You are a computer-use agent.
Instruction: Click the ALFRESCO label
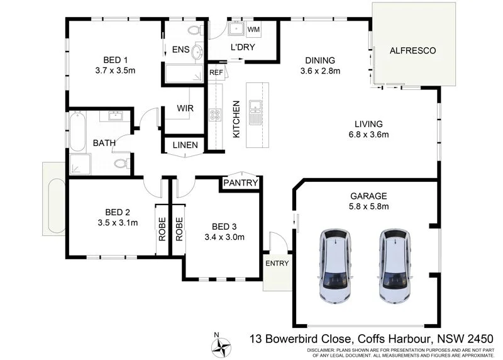(412, 50)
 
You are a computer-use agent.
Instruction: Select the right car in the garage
(397, 265)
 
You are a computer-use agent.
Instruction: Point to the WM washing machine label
(254, 30)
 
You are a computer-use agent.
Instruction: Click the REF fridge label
(216, 72)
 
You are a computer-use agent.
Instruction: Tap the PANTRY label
(240, 183)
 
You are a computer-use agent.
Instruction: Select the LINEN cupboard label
(184, 145)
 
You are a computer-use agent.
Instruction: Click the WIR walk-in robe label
(185, 108)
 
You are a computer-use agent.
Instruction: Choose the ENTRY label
(277, 263)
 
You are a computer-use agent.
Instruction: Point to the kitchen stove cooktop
(215, 115)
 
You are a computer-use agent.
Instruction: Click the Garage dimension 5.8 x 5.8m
(369, 206)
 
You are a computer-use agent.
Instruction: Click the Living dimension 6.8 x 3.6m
(368, 134)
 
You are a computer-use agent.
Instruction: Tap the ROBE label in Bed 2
(161, 229)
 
